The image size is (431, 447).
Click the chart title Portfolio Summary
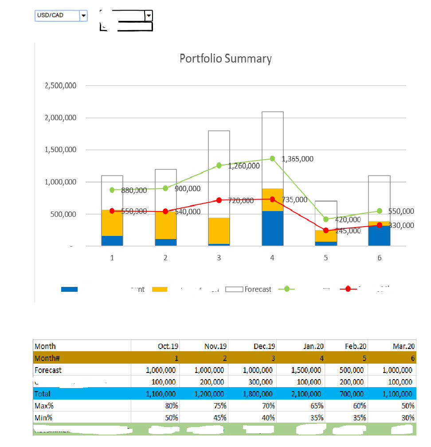(225, 59)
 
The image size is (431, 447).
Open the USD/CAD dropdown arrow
(83, 16)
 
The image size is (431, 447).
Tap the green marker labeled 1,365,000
(272, 158)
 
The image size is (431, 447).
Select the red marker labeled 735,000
(272, 199)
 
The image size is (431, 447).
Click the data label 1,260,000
(244, 166)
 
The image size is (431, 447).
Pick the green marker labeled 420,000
(326, 219)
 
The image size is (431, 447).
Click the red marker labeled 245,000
(326, 231)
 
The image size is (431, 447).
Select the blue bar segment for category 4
(272, 228)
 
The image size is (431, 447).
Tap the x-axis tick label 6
(379, 258)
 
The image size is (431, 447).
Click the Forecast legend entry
(257, 289)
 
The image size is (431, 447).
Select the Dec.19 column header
(265, 346)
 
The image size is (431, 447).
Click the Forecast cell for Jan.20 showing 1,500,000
(306, 370)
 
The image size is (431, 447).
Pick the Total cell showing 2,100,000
(306, 394)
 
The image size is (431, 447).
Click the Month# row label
(47, 358)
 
